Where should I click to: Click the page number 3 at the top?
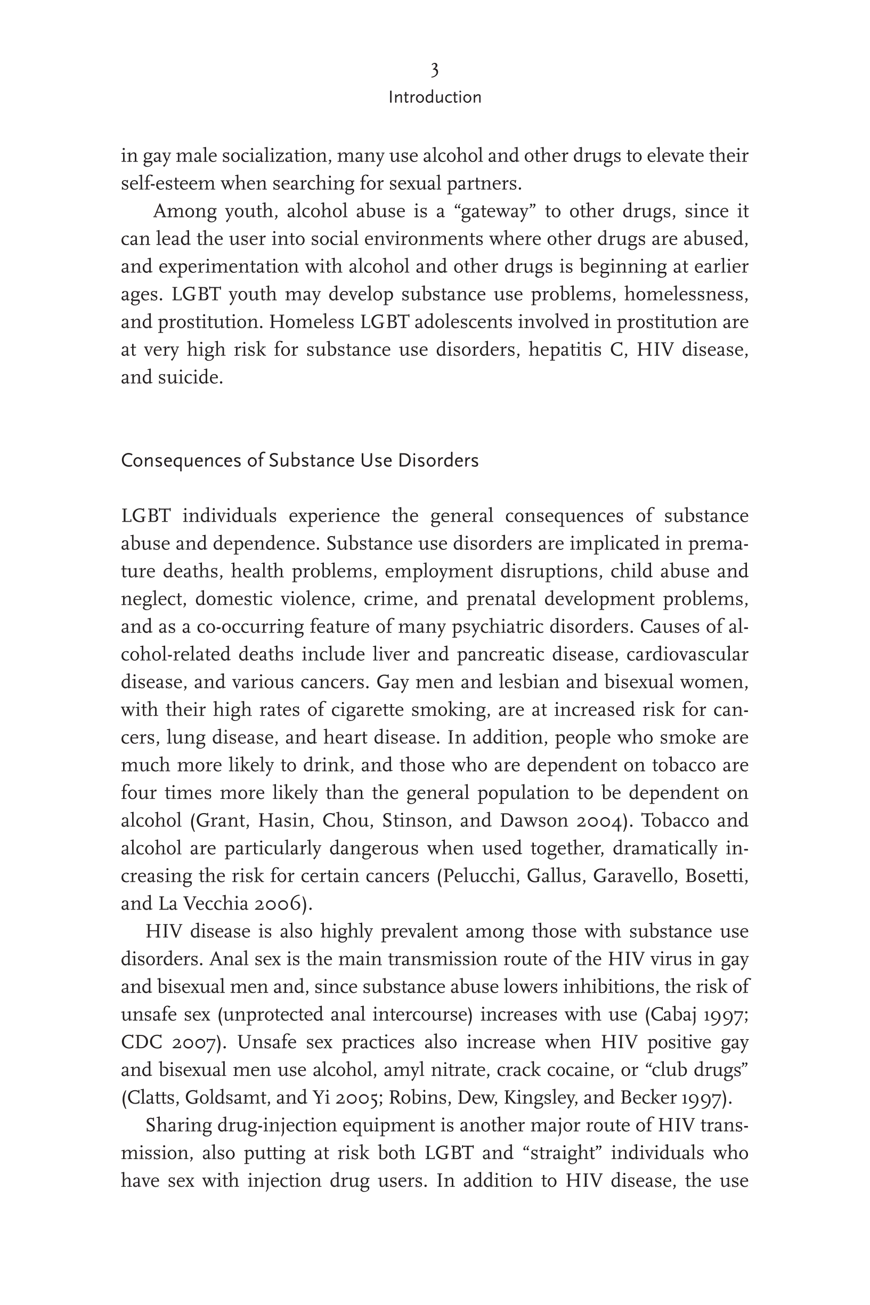point(434,70)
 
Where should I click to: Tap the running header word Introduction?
point(434,98)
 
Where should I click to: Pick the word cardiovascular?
point(687,655)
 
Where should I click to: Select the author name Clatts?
point(152,1098)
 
